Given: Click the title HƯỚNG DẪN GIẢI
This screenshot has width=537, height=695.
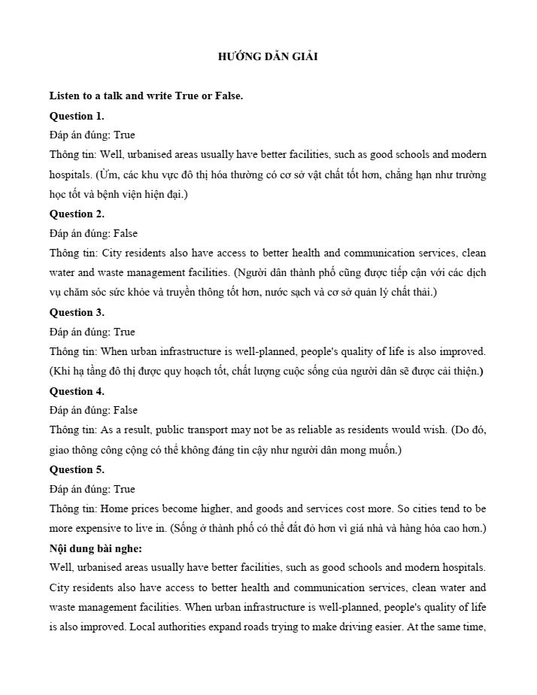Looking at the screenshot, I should pyautogui.click(x=268, y=56).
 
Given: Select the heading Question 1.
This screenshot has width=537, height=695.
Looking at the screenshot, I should pyautogui.click(x=77, y=116).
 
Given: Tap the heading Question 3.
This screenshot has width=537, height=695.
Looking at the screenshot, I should pyautogui.click(x=77, y=312).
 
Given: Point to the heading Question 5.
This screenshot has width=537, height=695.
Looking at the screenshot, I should pyautogui.click(x=77, y=469).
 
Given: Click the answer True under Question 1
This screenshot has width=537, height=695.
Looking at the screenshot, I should pyautogui.click(x=125, y=135).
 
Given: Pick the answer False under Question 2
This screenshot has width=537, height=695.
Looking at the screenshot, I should pyautogui.click(x=126, y=233).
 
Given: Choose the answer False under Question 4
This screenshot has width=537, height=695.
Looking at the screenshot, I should pyautogui.click(x=126, y=410).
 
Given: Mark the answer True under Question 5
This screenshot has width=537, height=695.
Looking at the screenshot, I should pyautogui.click(x=125, y=489).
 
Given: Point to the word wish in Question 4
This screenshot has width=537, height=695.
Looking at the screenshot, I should pyautogui.click(x=441, y=429).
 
